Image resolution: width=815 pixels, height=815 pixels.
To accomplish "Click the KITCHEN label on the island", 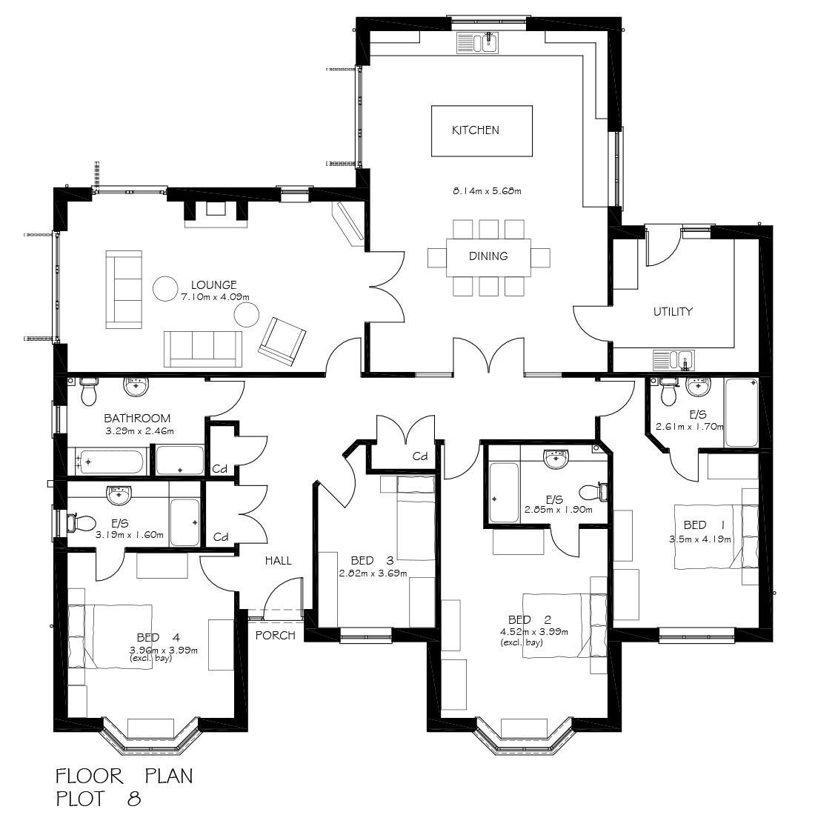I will [x=476, y=130].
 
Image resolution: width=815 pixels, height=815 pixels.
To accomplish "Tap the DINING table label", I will [x=488, y=256].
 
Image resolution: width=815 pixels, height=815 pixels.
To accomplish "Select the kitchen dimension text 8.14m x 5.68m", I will [x=487, y=191].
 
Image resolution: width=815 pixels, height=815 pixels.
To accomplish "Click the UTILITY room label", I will [x=673, y=311].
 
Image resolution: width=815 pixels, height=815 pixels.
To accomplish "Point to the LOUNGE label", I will [x=213, y=285].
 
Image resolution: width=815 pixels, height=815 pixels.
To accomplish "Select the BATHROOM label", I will [x=137, y=419].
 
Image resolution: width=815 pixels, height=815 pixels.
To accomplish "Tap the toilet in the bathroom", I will [x=88, y=391].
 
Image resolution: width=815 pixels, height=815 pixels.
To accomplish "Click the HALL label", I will [x=279, y=561].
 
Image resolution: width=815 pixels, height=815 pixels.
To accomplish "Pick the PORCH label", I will [x=276, y=635].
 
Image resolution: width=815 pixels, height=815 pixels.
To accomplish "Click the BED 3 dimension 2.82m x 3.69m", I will [x=373, y=573].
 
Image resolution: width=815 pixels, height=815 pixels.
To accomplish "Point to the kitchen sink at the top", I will [x=479, y=44].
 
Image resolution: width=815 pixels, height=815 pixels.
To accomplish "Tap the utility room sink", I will [x=674, y=360].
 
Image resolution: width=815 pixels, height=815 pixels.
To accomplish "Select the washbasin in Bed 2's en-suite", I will [x=556, y=459].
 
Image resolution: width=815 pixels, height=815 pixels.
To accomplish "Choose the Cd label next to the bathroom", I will [x=220, y=469].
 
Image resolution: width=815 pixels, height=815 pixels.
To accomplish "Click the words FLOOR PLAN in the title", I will [x=124, y=776].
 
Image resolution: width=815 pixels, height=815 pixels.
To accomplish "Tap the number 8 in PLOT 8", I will [x=133, y=799].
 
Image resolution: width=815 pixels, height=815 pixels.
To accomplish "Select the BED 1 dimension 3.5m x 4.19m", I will [x=699, y=539].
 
